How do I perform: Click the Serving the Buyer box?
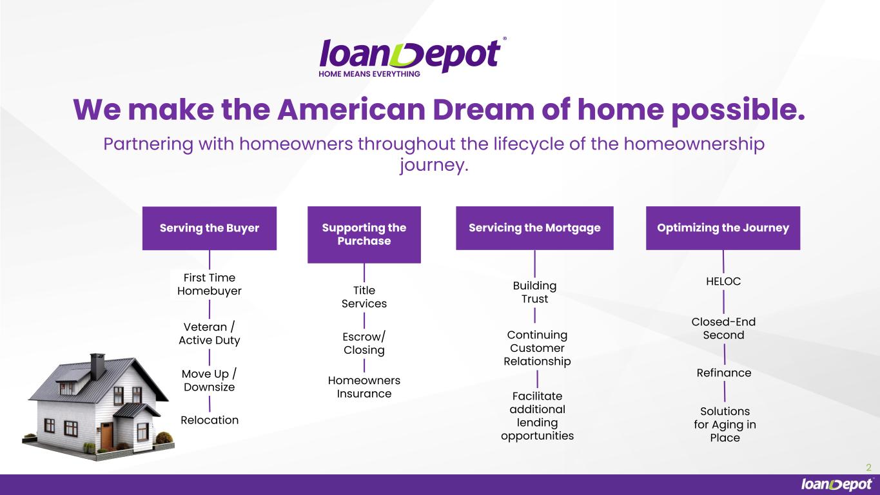tap(210, 228)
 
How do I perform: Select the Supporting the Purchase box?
tap(364, 235)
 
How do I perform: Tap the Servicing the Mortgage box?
tap(534, 228)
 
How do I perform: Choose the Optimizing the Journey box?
tap(723, 228)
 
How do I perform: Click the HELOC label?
tap(723, 281)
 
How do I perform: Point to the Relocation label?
tap(210, 420)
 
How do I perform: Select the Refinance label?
tap(723, 373)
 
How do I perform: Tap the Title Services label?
tap(364, 297)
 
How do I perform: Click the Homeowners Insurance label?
tap(364, 387)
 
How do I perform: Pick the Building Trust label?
tap(534, 292)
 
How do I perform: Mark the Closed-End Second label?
tap(723, 329)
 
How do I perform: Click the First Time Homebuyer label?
tap(210, 284)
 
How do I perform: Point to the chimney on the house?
tap(97, 366)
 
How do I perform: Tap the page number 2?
tap(868, 467)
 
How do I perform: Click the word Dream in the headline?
tap(484, 109)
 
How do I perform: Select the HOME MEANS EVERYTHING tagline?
tap(369, 74)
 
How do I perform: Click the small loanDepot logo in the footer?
tap(837, 484)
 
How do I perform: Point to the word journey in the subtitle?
tap(434, 165)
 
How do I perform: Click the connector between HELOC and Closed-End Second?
tap(723, 302)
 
